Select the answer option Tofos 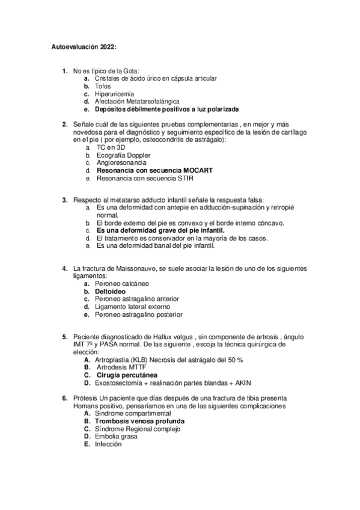pos(103,87)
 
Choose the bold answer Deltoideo pos(110,290)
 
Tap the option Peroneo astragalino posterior pos(139,314)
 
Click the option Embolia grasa pos(115,437)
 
